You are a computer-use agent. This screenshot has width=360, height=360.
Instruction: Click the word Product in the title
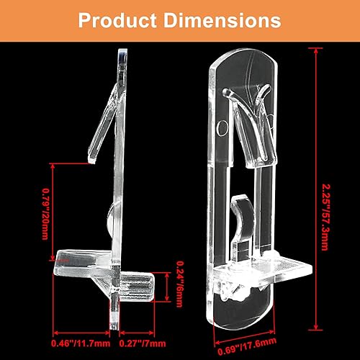click(x=117, y=19)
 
